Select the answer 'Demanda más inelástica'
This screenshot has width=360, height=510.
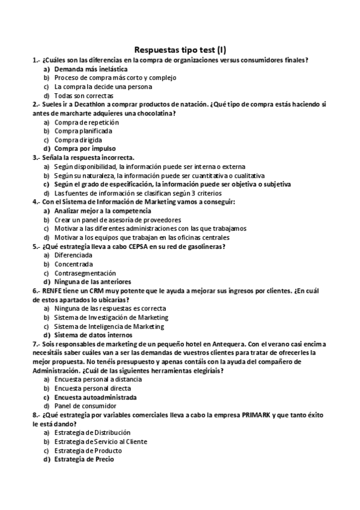pyautogui.click(x=90, y=69)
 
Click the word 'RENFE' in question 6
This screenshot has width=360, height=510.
pyautogui.click(x=53, y=290)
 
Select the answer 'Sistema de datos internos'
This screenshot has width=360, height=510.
pyautogui.click(x=93, y=334)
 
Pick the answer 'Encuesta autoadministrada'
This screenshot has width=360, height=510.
pyautogui.click(x=95, y=397)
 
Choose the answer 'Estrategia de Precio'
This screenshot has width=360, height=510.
pyautogui.click(x=87, y=459)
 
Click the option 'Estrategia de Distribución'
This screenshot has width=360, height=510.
pyautogui.click(x=92, y=432)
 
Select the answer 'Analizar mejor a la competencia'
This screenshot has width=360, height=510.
pyautogui.click(x=102, y=210)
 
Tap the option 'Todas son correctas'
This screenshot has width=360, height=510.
pyautogui.click(x=84, y=96)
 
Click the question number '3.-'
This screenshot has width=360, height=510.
pyautogui.click(x=37, y=157)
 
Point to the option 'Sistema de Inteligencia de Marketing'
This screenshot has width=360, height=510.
pyautogui.click(x=109, y=325)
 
